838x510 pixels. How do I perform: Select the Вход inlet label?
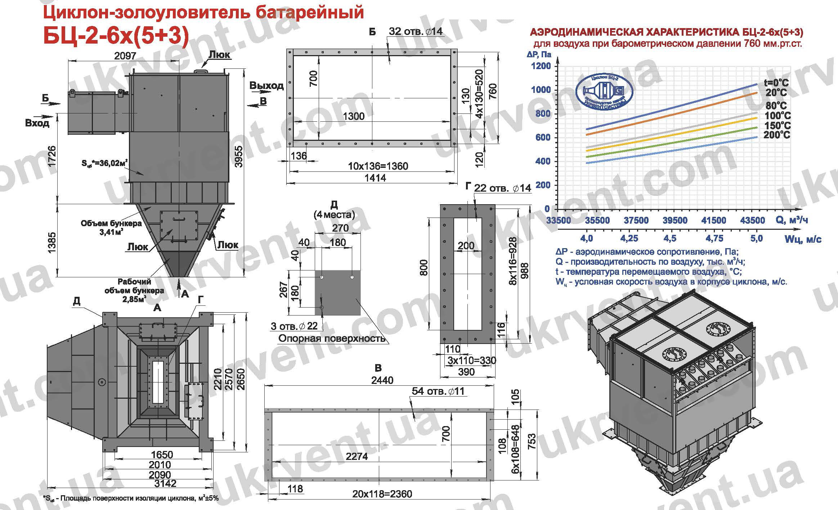point(37,123)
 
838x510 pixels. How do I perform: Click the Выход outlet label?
point(266,86)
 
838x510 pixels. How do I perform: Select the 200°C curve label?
point(777,135)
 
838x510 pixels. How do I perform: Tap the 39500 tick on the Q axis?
point(675,220)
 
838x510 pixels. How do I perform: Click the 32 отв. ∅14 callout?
point(415,31)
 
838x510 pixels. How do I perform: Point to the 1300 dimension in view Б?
point(354,116)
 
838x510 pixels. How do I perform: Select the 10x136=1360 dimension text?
point(378,166)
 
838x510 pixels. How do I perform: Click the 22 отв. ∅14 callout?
point(502,188)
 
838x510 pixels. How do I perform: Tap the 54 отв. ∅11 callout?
point(438,392)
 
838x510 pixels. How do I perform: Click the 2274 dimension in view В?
point(357,457)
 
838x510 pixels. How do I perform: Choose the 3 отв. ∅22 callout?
point(294,326)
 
